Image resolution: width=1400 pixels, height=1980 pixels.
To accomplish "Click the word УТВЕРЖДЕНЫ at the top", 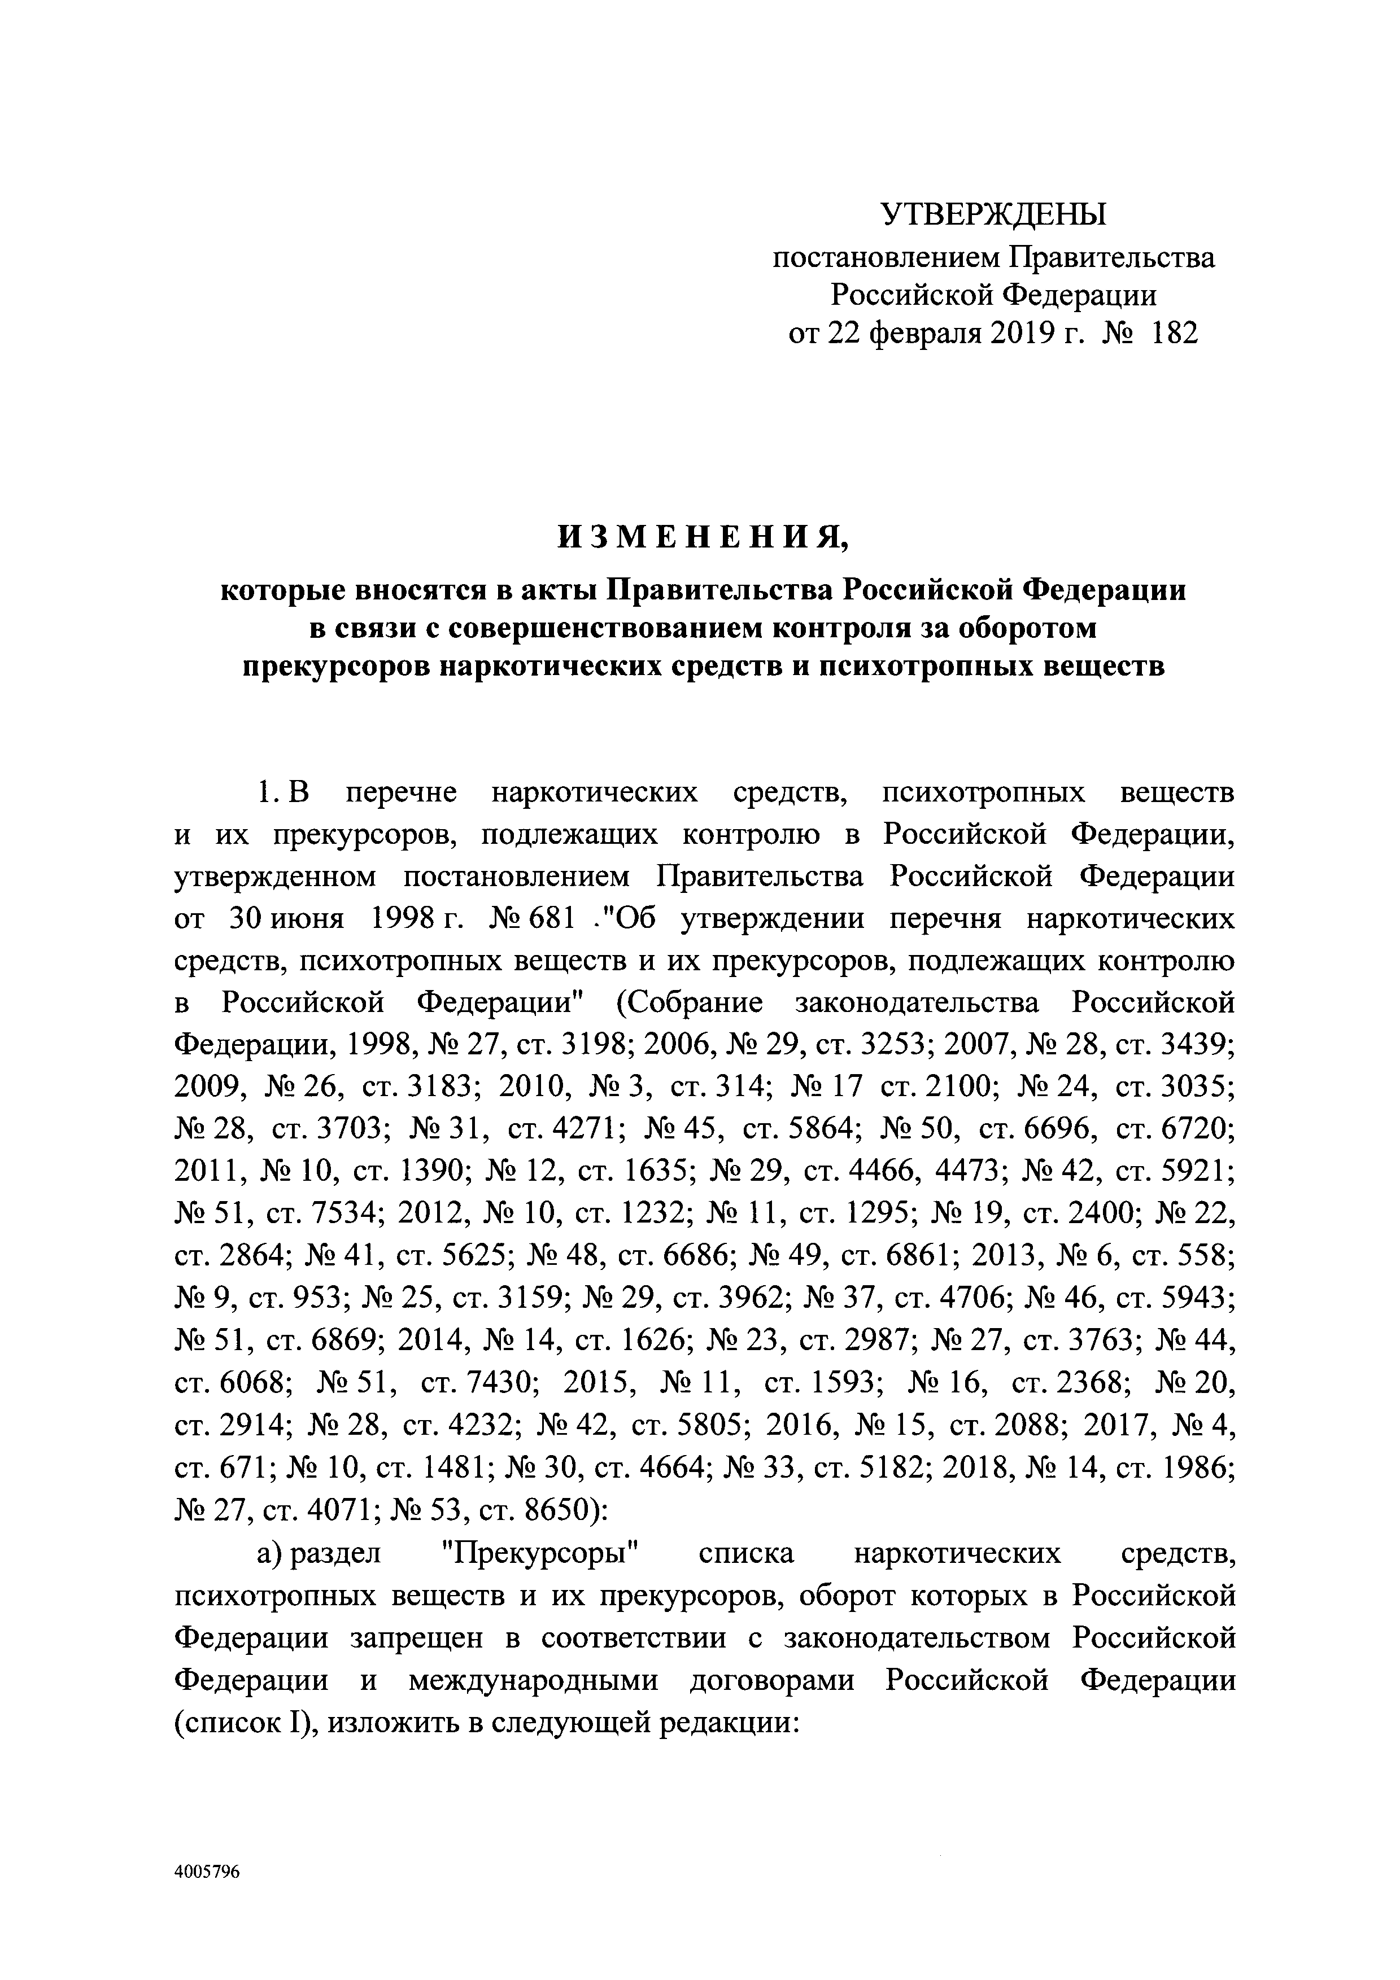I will coord(993,214).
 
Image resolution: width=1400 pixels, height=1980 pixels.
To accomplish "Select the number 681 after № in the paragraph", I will coord(550,919).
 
